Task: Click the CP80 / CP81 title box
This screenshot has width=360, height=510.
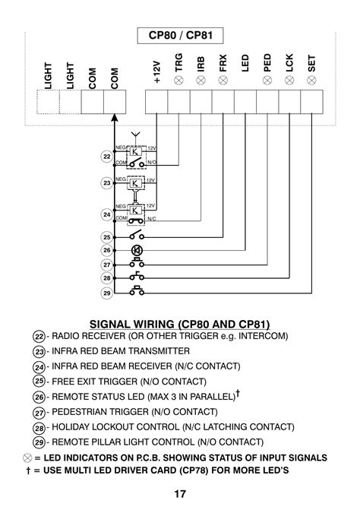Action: click(x=179, y=36)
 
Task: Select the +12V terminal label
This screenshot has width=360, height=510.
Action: click(x=156, y=70)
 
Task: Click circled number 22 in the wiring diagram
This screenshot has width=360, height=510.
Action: click(x=106, y=157)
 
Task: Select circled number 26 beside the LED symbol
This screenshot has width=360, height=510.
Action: click(x=106, y=251)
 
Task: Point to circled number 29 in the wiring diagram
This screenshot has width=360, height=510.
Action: click(x=106, y=293)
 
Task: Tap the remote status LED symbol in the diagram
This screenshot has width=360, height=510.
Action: click(x=137, y=251)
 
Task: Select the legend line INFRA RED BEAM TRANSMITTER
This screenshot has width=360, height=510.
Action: click(x=120, y=352)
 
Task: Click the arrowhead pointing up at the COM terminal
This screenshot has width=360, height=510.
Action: click(x=114, y=118)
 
